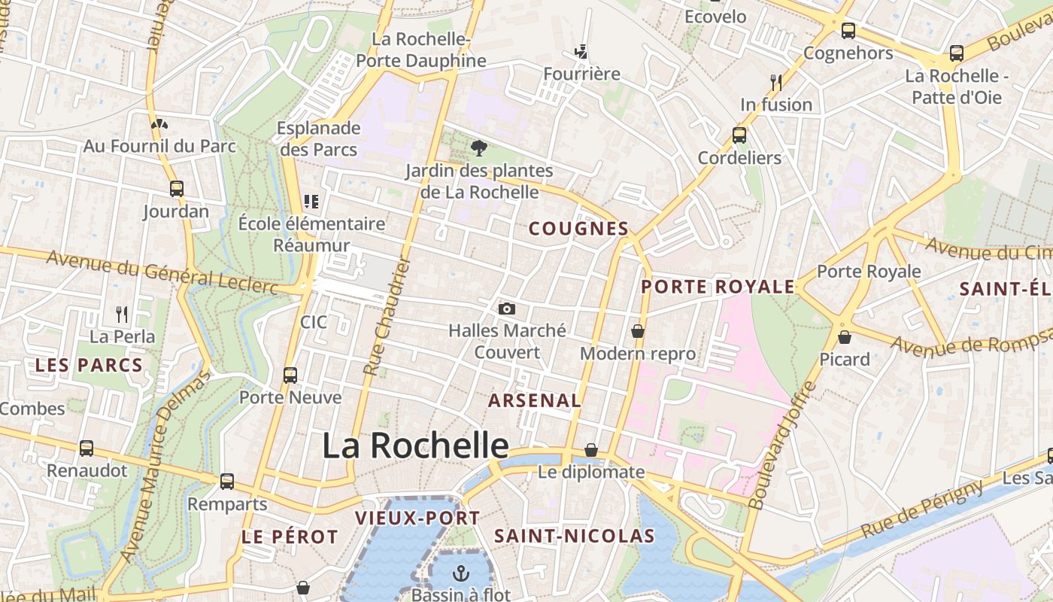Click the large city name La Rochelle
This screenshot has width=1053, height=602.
(x=415, y=445)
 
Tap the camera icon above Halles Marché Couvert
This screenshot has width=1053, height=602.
(x=507, y=309)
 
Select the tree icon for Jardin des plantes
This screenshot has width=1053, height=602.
(x=478, y=148)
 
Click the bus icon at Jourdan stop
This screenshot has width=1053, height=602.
(x=177, y=189)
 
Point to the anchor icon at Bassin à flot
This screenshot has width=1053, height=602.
(x=460, y=573)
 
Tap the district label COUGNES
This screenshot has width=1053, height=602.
(x=578, y=228)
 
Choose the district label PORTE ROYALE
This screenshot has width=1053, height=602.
(x=718, y=287)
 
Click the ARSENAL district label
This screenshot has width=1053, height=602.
(x=535, y=400)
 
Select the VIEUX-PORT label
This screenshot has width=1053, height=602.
(x=417, y=518)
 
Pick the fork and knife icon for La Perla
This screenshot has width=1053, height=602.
(x=122, y=314)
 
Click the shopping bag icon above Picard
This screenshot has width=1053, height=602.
(x=845, y=336)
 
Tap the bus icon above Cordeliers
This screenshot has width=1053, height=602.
(x=739, y=135)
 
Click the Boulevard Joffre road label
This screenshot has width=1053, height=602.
(x=782, y=445)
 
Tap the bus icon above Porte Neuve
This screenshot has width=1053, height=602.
(x=290, y=375)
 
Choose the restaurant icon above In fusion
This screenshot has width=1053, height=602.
(x=776, y=82)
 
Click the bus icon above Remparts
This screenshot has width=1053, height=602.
(x=227, y=482)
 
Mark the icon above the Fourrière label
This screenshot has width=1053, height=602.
(x=581, y=52)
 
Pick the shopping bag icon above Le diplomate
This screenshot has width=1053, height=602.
(x=591, y=450)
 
